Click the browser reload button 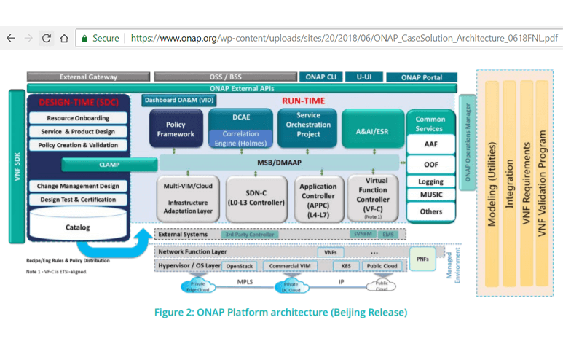click(x=46, y=38)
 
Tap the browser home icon click(x=64, y=38)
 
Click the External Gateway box click(x=88, y=77)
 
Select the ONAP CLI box click(x=320, y=77)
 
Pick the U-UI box click(x=363, y=77)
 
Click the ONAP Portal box click(x=421, y=77)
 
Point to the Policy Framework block click(x=176, y=129)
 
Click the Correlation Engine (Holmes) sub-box click(x=240, y=138)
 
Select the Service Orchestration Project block click(x=308, y=125)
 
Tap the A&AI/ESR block click(x=373, y=131)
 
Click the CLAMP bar click(x=109, y=165)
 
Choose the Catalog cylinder click(x=77, y=227)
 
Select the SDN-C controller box click(x=255, y=197)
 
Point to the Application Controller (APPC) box click(x=318, y=197)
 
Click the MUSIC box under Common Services click(x=431, y=195)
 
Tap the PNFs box click(x=423, y=259)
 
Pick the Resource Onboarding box click(x=78, y=118)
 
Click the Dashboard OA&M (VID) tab click(x=179, y=101)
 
